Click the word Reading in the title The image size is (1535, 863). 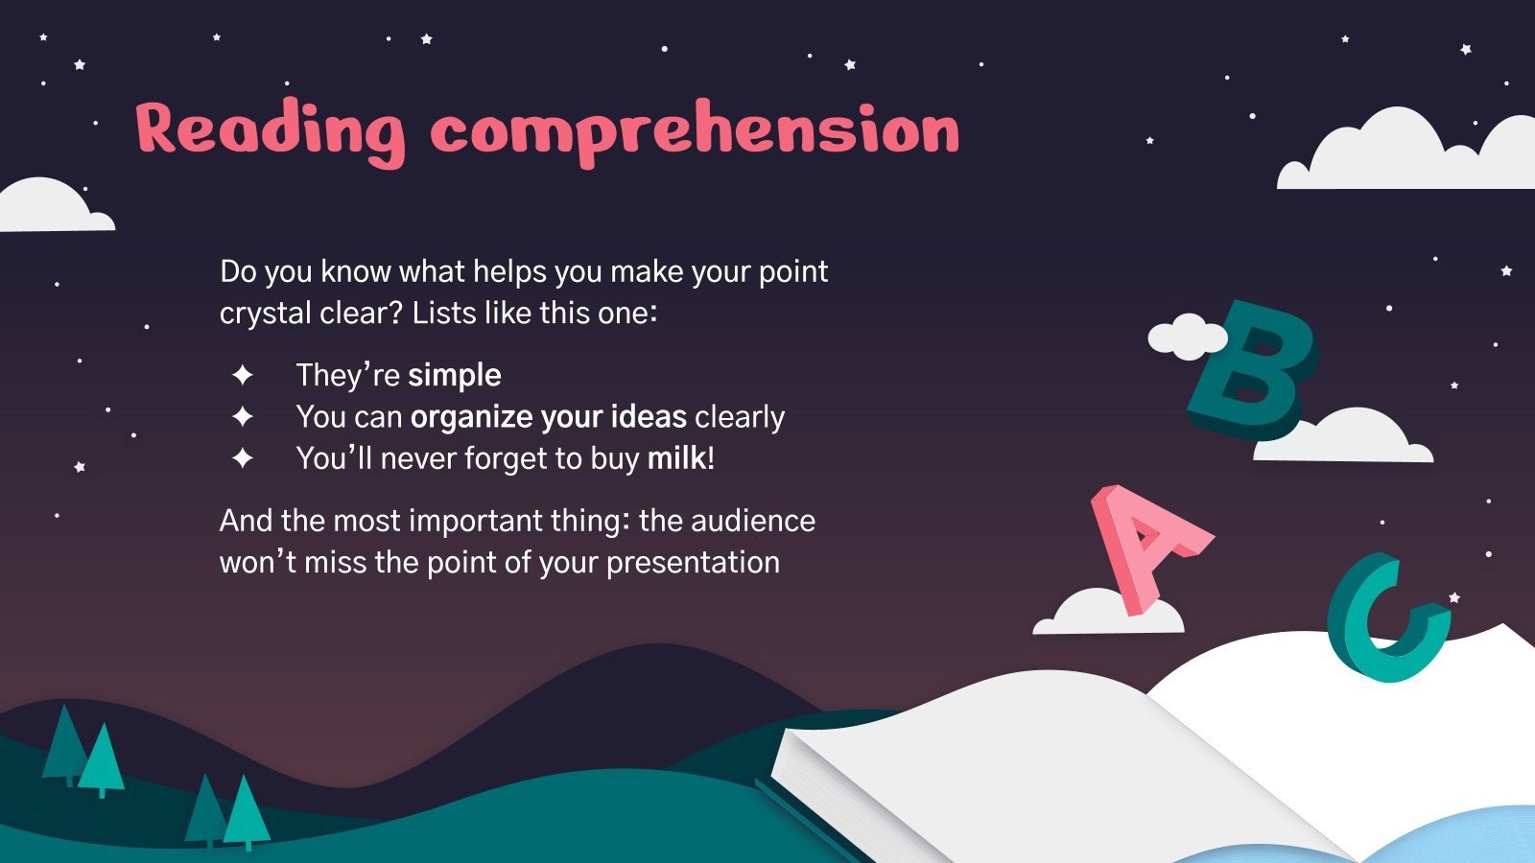(x=271, y=131)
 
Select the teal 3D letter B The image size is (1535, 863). (x=1252, y=370)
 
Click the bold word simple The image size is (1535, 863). (x=455, y=375)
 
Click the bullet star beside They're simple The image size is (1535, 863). (x=243, y=375)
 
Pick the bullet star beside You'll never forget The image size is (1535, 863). (x=243, y=458)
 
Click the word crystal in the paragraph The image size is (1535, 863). (x=265, y=314)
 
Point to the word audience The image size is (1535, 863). (x=753, y=521)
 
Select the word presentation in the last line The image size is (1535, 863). (x=694, y=563)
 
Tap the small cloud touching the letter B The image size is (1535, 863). (x=1187, y=337)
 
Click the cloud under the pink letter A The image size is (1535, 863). (x=1108, y=612)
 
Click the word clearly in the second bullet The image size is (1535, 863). (x=740, y=418)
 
